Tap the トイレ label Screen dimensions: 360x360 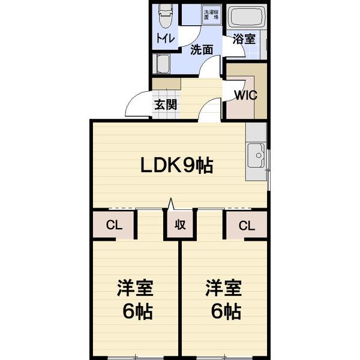coord(166,38)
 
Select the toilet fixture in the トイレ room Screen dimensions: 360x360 coord(166,17)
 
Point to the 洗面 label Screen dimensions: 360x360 coord(202,50)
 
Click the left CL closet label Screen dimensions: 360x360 coord(112,226)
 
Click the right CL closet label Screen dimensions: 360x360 coord(246,226)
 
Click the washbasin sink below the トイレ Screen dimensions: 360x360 coord(162,63)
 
